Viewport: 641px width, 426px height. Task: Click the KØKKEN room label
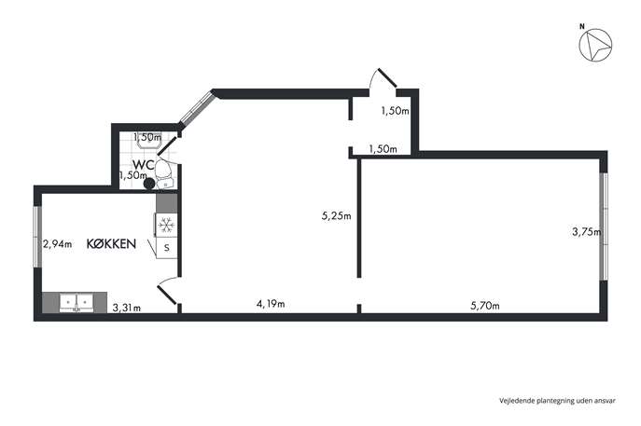pyautogui.click(x=111, y=244)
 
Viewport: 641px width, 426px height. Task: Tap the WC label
pyautogui.click(x=143, y=165)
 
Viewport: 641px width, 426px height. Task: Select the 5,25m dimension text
pyautogui.click(x=336, y=216)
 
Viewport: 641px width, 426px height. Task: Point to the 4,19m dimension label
pyautogui.click(x=271, y=304)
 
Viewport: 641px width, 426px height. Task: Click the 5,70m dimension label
pyautogui.click(x=485, y=306)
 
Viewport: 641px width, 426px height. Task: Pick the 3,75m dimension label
pyautogui.click(x=586, y=232)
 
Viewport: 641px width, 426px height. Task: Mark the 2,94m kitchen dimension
pyautogui.click(x=57, y=244)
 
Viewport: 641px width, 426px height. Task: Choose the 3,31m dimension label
pyautogui.click(x=126, y=308)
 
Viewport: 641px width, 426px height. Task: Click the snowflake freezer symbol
pyautogui.click(x=166, y=225)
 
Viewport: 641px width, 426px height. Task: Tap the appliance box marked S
pyautogui.click(x=166, y=248)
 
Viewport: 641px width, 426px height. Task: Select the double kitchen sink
pyautogui.click(x=77, y=302)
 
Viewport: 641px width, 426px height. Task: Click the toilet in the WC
pyautogui.click(x=164, y=173)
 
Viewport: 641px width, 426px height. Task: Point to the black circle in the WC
pyautogui.click(x=149, y=184)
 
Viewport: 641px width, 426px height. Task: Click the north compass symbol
pyautogui.click(x=595, y=46)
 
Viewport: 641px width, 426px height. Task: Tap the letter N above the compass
pyautogui.click(x=581, y=26)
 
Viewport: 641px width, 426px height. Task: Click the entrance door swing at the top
pyautogui.click(x=383, y=78)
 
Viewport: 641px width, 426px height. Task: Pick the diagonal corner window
pyautogui.click(x=197, y=107)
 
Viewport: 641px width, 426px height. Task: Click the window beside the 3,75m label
pyautogui.click(x=604, y=227)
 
